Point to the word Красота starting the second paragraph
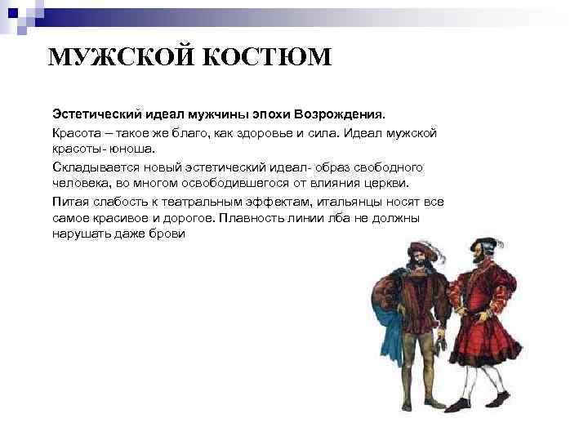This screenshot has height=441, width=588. [77, 132]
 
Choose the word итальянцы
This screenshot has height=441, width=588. [359, 201]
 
